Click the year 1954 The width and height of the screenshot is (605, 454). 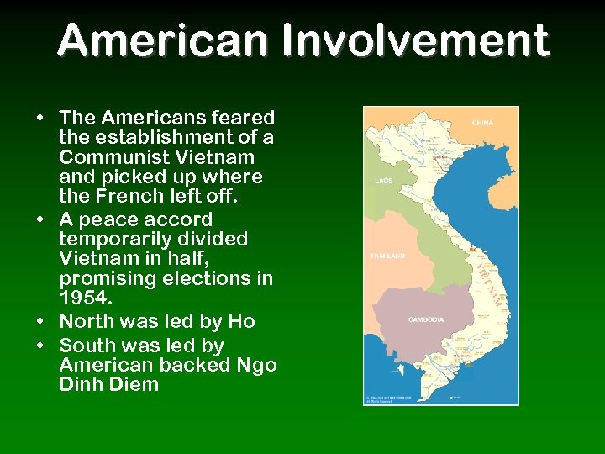click(84, 298)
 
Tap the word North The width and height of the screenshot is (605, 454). click(89, 321)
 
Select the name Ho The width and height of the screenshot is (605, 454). click(242, 321)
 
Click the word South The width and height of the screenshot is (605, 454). click(90, 345)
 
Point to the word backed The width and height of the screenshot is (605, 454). click(197, 365)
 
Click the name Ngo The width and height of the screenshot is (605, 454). click(257, 365)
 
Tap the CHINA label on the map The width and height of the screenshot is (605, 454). click(482, 123)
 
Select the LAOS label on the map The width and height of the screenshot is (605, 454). click(384, 180)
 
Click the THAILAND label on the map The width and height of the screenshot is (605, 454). click(387, 256)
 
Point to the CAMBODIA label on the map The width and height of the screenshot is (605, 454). click(427, 319)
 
